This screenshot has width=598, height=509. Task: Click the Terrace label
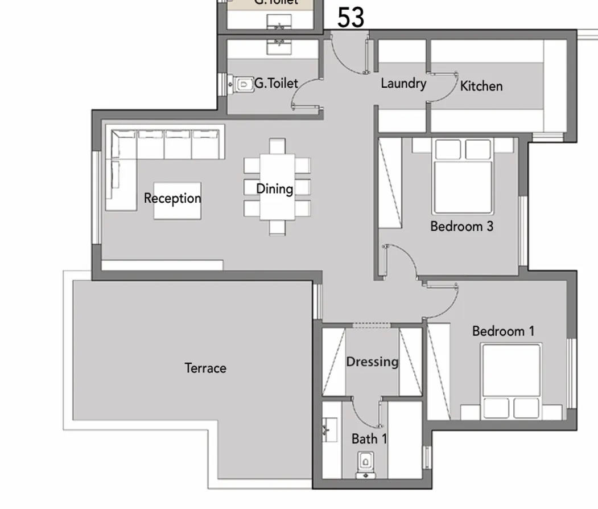point(205,368)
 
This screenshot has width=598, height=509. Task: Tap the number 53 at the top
point(350,18)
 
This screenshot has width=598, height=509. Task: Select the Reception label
point(172,199)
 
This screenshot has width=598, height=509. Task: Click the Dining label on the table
point(275,188)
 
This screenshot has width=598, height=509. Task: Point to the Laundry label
point(403,84)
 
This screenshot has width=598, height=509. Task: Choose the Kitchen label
point(481,86)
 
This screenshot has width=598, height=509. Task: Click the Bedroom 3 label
point(461,226)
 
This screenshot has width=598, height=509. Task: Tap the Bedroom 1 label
point(504,331)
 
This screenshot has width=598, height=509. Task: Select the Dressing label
point(372,362)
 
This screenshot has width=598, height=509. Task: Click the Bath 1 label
point(369,439)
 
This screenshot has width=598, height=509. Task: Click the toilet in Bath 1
point(365,462)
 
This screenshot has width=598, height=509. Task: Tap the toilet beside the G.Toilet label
point(244,84)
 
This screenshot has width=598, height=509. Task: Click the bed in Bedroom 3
point(463,176)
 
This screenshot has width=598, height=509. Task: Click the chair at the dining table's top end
point(277,146)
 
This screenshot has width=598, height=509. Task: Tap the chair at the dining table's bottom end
point(277,228)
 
